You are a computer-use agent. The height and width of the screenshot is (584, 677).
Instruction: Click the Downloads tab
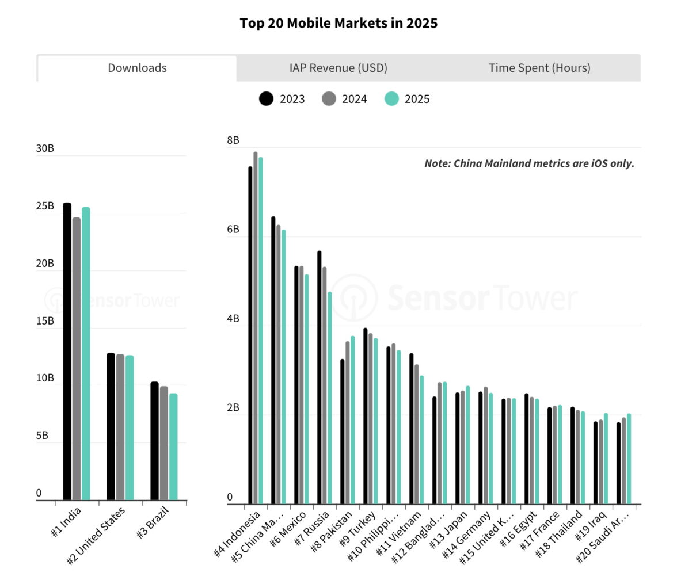137,68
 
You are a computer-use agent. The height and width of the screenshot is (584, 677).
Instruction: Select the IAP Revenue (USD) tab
338,68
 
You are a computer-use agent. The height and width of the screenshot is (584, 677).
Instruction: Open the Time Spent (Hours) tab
539,68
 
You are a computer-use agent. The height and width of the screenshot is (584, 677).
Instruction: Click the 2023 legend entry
282,99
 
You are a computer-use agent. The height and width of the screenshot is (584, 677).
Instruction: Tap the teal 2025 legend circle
391,99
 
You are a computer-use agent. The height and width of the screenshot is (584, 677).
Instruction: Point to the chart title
338,24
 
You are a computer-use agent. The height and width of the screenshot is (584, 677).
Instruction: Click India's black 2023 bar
67,351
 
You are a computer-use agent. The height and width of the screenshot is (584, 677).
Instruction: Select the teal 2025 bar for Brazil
173,446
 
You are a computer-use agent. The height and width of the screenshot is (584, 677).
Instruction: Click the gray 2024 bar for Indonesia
256,328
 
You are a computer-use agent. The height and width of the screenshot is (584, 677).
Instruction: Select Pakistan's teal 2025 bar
352,420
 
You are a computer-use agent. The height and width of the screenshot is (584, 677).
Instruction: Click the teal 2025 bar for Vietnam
421,440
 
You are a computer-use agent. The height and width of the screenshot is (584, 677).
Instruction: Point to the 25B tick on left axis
45,206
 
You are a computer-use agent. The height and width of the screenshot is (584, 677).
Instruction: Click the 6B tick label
233,229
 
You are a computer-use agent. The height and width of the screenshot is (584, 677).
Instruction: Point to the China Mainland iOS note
529,163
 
